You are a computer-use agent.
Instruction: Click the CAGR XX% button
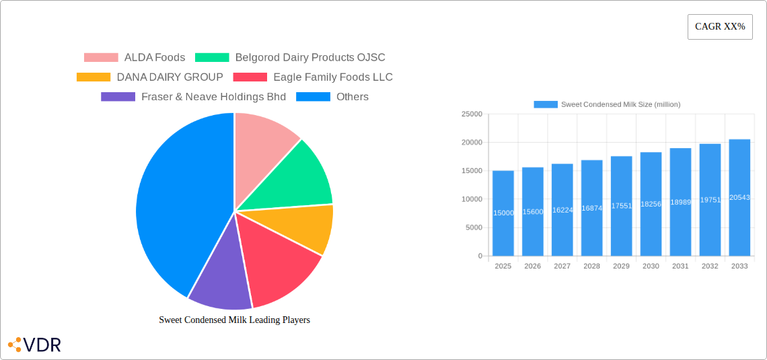coord(720,27)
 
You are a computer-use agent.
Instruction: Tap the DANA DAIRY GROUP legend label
coord(170,77)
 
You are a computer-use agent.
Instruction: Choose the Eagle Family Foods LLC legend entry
coord(332,77)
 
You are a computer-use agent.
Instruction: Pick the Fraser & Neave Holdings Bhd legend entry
coord(213,97)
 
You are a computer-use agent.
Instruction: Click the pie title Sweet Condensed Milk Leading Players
coord(234,320)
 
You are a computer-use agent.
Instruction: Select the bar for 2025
coord(503,213)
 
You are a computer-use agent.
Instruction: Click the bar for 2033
coord(739,198)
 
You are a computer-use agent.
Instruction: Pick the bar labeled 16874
coord(592,208)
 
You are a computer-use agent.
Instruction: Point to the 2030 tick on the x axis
coord(651,266)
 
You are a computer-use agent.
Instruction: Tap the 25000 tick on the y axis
coord(471,114)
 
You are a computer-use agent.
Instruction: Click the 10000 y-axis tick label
coord(471,199)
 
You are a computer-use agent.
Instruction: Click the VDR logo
coord(34,345)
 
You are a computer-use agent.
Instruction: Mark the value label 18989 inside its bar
coord(680,202)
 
